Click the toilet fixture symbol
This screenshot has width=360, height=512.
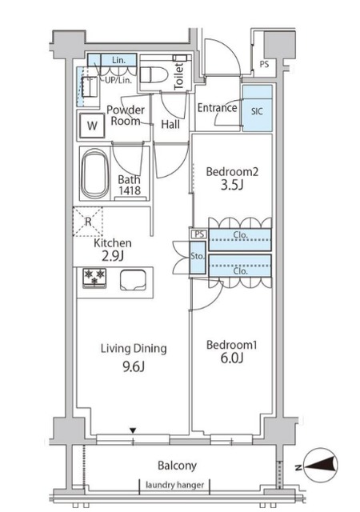pyautogui.click(x=154, y=74)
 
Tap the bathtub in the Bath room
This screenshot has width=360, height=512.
pyautogui.click(x=95, y=174)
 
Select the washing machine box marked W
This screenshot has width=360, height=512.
pyautogui.click(x=92, y=126)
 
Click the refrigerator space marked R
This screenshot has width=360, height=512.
pyautogui.click(x=87, y=222)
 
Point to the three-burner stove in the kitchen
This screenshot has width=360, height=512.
pyautogui.click(x=94, y=278)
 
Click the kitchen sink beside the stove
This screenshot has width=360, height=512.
pyautogui.click(x=133, y=280)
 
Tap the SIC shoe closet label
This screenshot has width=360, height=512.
pyautogui.click(x=257, y=111)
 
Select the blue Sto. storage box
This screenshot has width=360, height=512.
pyautogui.click(x=198, y=258)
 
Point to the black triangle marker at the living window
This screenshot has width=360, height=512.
pyautogui.click(x=133, y=430)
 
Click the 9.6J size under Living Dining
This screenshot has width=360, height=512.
pyautogui.click(x=134, y=366)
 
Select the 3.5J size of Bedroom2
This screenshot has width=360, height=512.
pyautogui.click(x=232, y=185)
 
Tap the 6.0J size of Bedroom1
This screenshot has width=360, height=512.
pyautogui.click(x=232, y=358)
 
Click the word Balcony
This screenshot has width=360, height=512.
pyautogui.click(x=177, y=466)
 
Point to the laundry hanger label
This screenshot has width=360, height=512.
pyautogui.click(x=174, y=485)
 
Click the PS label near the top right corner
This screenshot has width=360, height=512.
pyautogui.click(x=264, y=64)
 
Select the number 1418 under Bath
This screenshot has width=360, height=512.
pyautogui.click(x=130, y=190)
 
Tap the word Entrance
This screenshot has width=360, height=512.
pyautogui.click(x=218, y=108)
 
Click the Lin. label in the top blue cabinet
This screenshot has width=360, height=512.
pyautogui.click(x=118, y=60)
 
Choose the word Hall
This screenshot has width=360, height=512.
pyautogui.click(x=170, y=124)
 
